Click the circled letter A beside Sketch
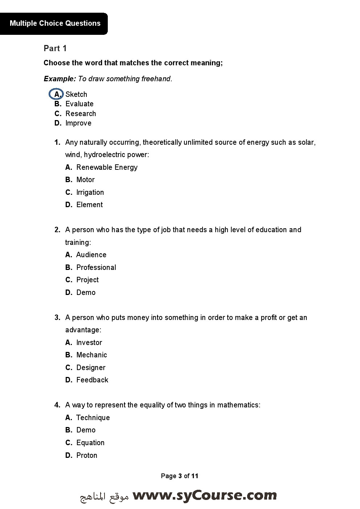[56, 94]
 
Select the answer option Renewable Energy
[107, 167]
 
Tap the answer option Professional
[96, 267]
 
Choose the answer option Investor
[89, 342]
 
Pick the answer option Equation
[90, 443]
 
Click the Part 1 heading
[55, 48]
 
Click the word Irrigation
[90, 192]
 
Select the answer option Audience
[91, 255]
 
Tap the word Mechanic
[91, 355]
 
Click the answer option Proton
[86, 455]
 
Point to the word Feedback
[92, 380]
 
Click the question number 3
[57, 317]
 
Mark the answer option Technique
[93, 418]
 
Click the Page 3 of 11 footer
[180, 476]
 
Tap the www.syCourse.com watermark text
[204, 496]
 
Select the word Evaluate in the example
[79, 104]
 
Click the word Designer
[91, 368]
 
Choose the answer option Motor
[85, 180]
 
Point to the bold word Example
[60, 79]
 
